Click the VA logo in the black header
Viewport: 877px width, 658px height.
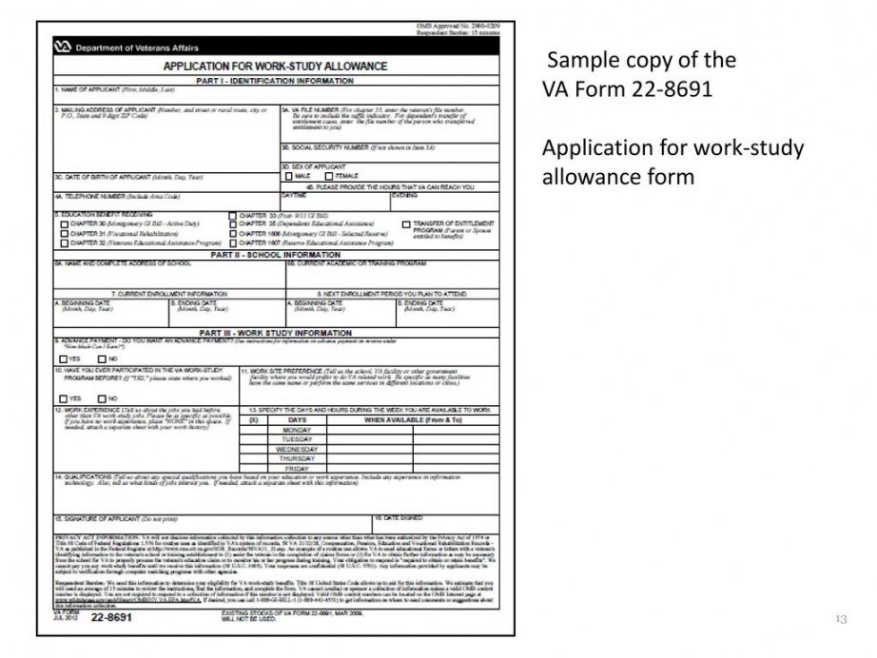(x=64, y=47)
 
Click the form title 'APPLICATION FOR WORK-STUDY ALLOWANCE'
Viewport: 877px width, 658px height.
(x=275, y=67)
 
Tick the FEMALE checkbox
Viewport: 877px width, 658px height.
(x=328, y=176)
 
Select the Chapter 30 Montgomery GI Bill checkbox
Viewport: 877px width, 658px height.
(x=65, y=224)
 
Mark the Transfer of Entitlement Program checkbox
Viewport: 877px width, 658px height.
(x=405, y=224)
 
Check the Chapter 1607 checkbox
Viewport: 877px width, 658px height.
(x=233, y=243)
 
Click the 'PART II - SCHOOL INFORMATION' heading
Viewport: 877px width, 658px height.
(x=275, y=255)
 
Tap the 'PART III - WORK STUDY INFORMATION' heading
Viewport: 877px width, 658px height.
(x=275, y=333)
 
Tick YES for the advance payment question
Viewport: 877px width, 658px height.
(x=64, y=358)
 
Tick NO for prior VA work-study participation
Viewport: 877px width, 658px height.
(x=100, y=398)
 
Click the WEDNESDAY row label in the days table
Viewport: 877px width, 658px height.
(x=297, y=449)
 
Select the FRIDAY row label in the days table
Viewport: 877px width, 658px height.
(x=297, y=468)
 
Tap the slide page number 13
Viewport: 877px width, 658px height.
(x=840, y=620)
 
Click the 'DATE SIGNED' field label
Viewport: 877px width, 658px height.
(x=399, y=518)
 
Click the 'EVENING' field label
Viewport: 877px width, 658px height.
(x=405, y=195)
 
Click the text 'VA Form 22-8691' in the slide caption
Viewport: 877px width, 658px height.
(x=628, y=89)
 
